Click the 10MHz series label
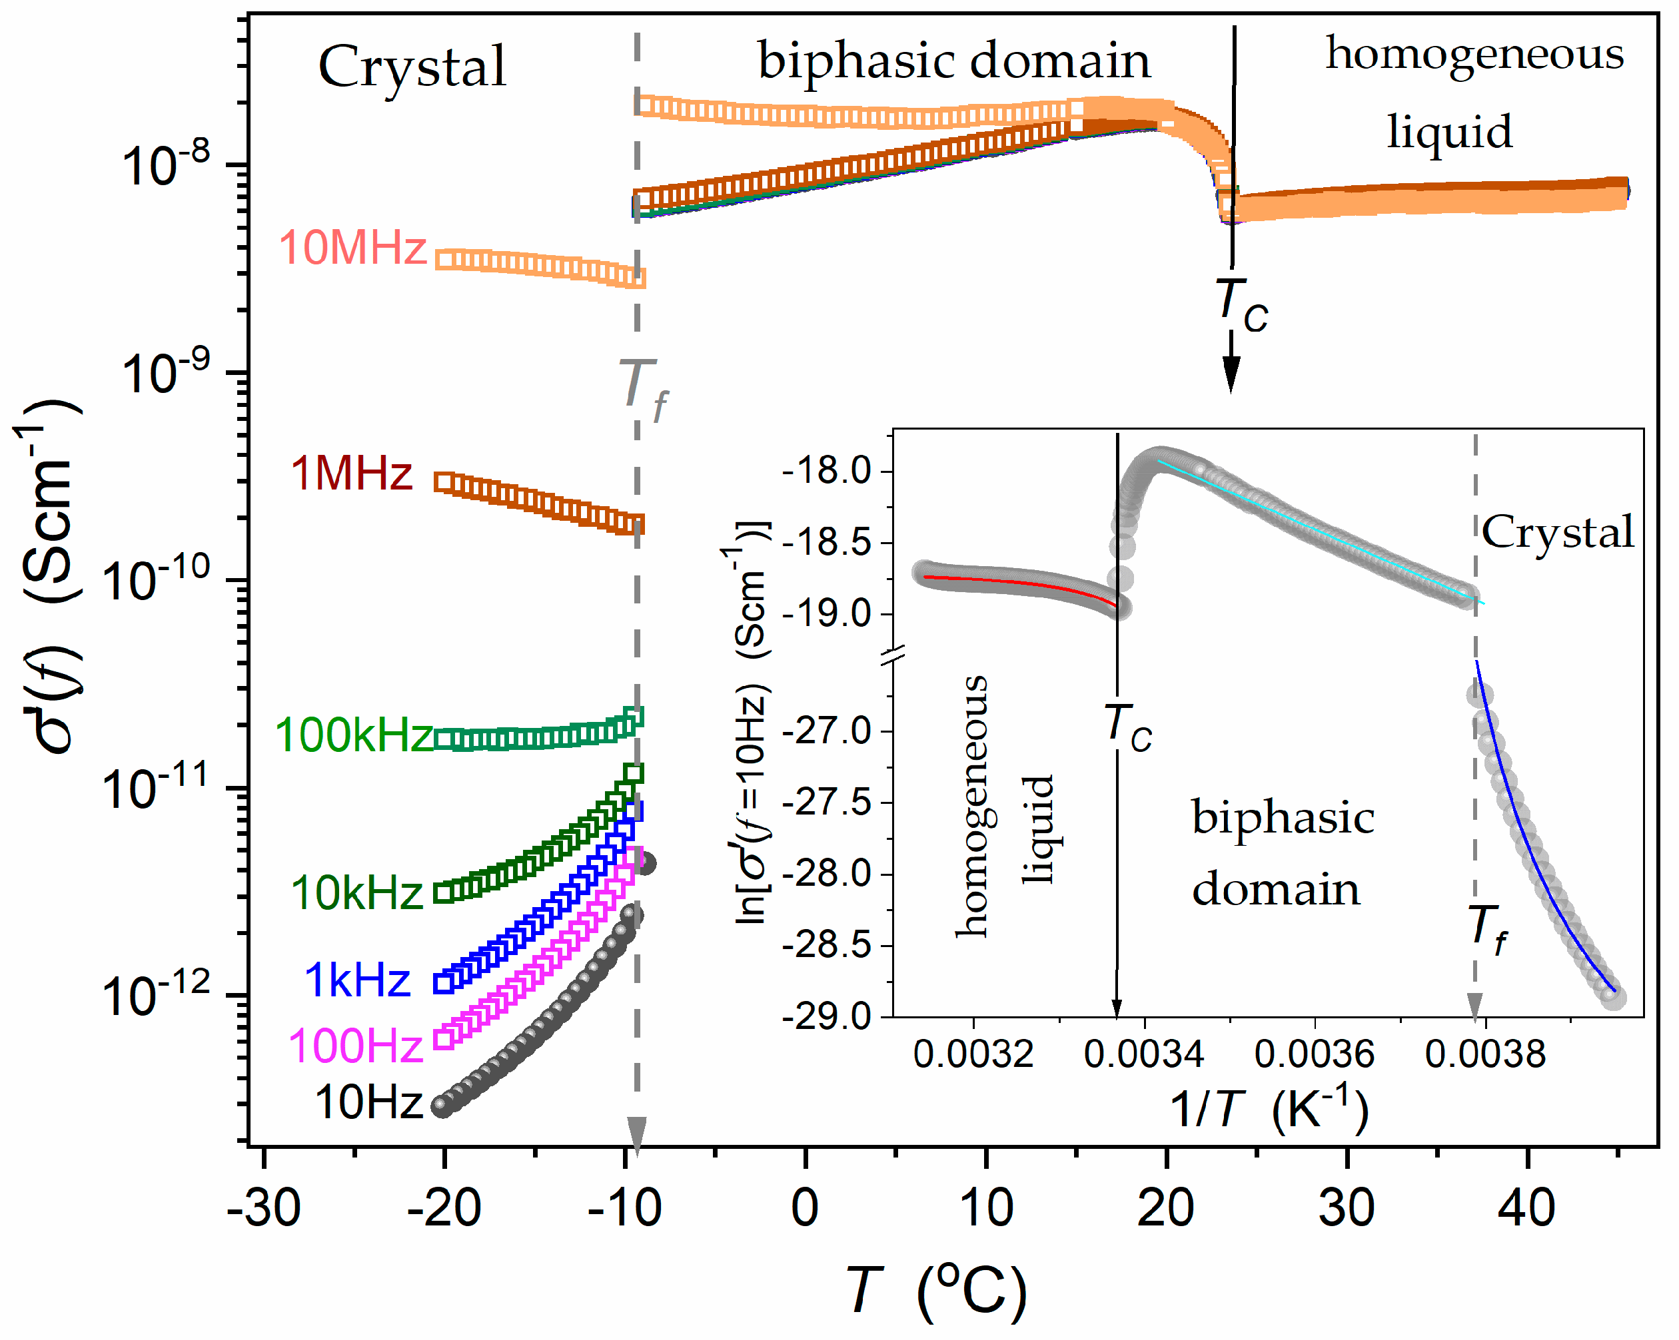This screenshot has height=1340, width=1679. click(x=352, y=248)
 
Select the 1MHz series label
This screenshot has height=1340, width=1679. click(x=351, y=474)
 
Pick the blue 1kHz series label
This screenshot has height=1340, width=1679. click(x=356, y=980)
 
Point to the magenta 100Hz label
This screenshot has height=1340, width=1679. click(x=355, y=1045)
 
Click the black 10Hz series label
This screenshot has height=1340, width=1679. click(x=368, y=1102)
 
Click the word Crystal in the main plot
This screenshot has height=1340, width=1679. click(x=412, y=68)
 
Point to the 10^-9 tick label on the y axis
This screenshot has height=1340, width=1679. click(x=165, y=373)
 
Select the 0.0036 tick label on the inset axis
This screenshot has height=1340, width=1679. click(x=1315, y=1054)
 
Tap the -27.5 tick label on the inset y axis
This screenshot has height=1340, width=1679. click(x=826, y=803)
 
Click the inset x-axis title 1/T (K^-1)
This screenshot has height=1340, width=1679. click(x=1269, y=1108)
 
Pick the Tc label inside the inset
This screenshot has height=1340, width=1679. click(x=1127, y=727)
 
